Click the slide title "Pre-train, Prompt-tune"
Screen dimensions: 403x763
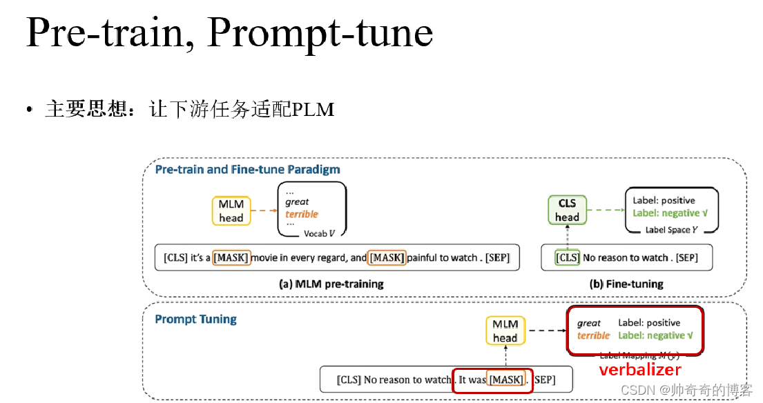(229, 34)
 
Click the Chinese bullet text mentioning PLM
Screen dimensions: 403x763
(189, 110)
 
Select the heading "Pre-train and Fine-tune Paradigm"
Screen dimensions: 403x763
(247, 170)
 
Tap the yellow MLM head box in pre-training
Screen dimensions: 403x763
(231, 210)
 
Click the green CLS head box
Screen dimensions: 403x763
(567, 210)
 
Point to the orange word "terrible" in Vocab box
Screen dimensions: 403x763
(302, 214)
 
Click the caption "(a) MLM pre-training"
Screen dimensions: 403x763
(331, 284)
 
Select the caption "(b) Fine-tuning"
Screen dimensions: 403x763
(627, 284)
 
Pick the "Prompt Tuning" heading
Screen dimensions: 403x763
(195, 319)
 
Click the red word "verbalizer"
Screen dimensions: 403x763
(640, 371)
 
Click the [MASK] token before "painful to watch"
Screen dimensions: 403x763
(387, 257)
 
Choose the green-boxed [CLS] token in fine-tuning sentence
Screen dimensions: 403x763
(568, 257)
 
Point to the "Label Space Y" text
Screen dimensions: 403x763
(671, 230)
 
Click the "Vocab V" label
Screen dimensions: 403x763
(320, 234)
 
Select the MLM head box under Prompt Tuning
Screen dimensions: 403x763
(505, 331)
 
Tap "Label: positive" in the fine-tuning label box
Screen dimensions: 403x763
(664, 200)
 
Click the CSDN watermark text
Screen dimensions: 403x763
(686, 390)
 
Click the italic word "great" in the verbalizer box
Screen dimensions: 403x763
(589, 323)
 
